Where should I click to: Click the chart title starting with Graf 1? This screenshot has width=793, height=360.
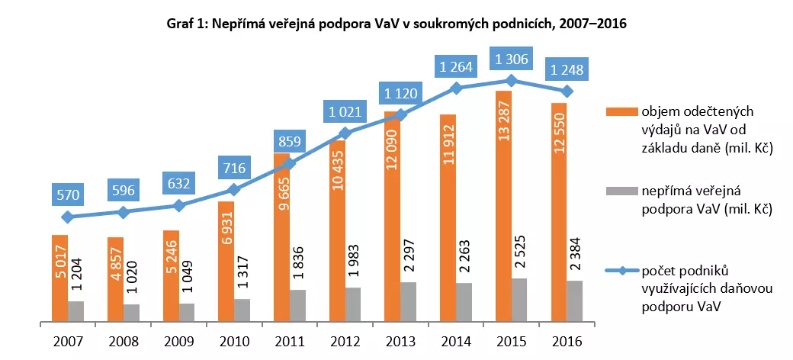pos(396,24)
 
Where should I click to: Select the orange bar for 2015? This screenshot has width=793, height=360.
pos(504,206)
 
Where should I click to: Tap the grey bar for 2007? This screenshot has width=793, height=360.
pos(75,311)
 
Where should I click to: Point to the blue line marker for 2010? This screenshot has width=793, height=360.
pos(234,189)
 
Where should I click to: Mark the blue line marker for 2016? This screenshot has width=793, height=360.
pos(567,92)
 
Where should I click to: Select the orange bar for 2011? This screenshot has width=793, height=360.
pos(282,236)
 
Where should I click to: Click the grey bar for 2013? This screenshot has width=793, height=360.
pos(409,302)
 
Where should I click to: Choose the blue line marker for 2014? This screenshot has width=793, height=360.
pos(456,88)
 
